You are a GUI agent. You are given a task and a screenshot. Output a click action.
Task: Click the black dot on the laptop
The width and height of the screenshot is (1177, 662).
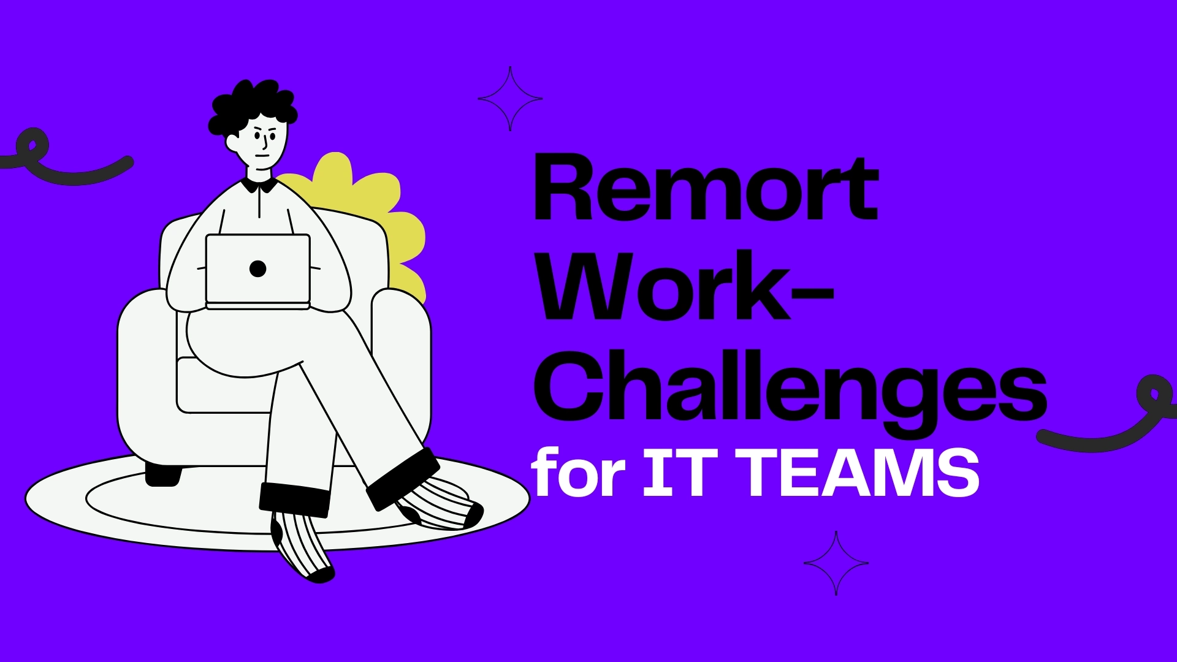click(x=258, y=268)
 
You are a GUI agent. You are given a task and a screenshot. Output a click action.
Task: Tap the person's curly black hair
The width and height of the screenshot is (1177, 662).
click(x=251, y=104)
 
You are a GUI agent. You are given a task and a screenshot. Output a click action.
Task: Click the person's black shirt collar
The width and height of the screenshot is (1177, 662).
click(x=258, y=184)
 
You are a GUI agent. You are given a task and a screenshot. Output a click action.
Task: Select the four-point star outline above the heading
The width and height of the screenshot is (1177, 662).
click(x=510, y=99)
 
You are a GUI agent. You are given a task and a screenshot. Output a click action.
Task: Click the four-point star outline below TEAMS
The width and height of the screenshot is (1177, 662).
click(x=836, y=563)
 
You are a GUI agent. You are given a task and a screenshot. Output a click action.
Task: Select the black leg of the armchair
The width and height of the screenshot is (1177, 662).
click(x=163, y=474)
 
